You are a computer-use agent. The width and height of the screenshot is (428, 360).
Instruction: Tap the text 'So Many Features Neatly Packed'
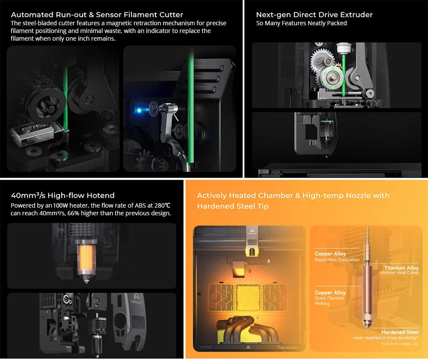[x=301, y=24]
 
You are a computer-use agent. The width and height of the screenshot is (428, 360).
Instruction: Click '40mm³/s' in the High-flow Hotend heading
[x=28, y=196]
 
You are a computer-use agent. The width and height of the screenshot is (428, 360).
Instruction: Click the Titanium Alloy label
[x=401, y=268]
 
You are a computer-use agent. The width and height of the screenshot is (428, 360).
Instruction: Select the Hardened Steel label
[x=400, y=332]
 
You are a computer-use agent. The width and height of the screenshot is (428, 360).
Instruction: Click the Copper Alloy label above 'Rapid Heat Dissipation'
[x=330, y=254]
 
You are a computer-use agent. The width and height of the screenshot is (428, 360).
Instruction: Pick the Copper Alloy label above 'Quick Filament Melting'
[x=330, y=292]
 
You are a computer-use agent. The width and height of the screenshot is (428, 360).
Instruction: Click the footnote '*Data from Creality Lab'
[x=401, y=343]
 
